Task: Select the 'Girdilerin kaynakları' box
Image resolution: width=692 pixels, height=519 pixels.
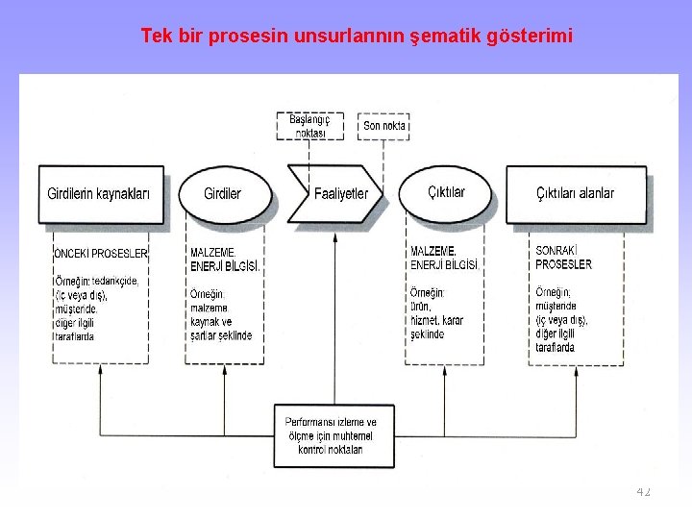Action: [99, 193]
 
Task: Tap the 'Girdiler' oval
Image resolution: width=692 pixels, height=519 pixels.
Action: [223, 193]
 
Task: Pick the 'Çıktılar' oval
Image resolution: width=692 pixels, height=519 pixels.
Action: [446, 192]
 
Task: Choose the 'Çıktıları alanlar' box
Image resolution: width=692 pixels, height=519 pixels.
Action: [575, 193]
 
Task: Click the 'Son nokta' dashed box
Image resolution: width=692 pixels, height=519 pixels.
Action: [384, 126]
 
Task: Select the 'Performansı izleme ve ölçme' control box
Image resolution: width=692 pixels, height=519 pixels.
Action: [331, 435]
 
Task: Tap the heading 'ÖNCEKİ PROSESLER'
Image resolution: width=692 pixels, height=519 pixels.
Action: [101, 253]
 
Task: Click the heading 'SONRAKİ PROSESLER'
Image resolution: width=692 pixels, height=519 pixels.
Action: [564, 258]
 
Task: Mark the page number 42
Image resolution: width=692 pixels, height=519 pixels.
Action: [643, 491]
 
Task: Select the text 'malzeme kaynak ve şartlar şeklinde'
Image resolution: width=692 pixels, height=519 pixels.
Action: [221, 321]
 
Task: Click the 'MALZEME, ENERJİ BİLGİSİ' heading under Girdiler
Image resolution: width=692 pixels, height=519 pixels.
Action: [225, 258]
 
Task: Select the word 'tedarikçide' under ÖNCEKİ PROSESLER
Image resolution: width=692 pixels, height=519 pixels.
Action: [116, 281]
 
